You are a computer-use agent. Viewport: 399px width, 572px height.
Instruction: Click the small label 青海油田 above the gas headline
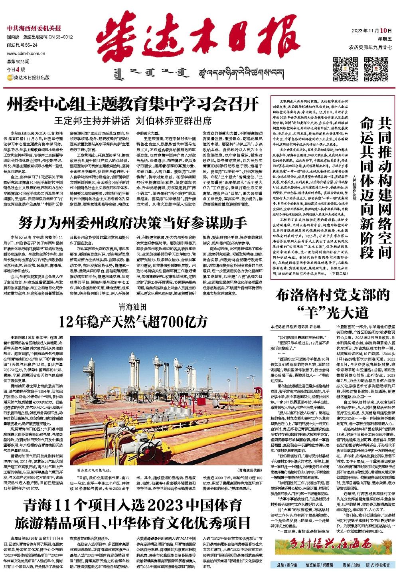[x=132, y=307]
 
